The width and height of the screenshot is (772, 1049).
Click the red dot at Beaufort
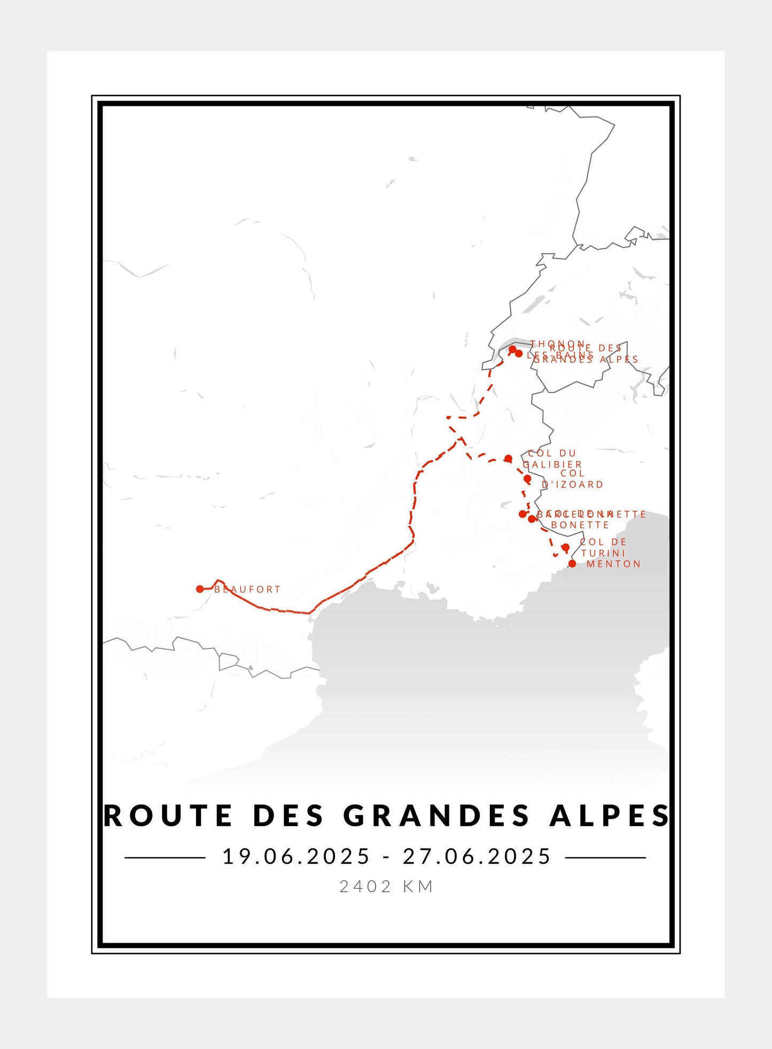[x=200, y=589]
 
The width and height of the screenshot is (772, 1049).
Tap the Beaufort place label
[x=247, y=589]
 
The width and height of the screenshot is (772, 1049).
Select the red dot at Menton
[x=572, y=563]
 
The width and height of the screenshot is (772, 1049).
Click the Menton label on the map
[x=613, y=564]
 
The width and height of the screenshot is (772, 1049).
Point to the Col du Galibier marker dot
[x=508, y=458]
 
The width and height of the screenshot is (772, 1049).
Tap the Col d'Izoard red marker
[x=527, y=479]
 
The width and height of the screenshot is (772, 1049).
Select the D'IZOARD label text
[x=573, y=484]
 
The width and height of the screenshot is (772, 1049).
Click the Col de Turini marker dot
[x=565, y=547]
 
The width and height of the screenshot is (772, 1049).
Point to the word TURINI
[x=603, y=553]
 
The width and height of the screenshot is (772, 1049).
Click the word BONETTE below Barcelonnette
[x=580, y=525]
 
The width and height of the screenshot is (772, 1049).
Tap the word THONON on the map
[x=557, y=343]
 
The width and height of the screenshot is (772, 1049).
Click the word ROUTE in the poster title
[x=168, y=816]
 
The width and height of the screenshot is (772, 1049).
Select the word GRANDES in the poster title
[x=435, y=816]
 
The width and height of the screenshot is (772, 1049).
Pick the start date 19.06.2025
[x=296, y=856]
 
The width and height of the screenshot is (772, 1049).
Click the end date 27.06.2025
[x=477, y=856]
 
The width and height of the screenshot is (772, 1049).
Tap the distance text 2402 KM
[x=386, y=887]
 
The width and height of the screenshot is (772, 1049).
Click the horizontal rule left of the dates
[x=165, y=857]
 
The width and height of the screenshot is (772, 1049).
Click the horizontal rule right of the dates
[x=605, y=857]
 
